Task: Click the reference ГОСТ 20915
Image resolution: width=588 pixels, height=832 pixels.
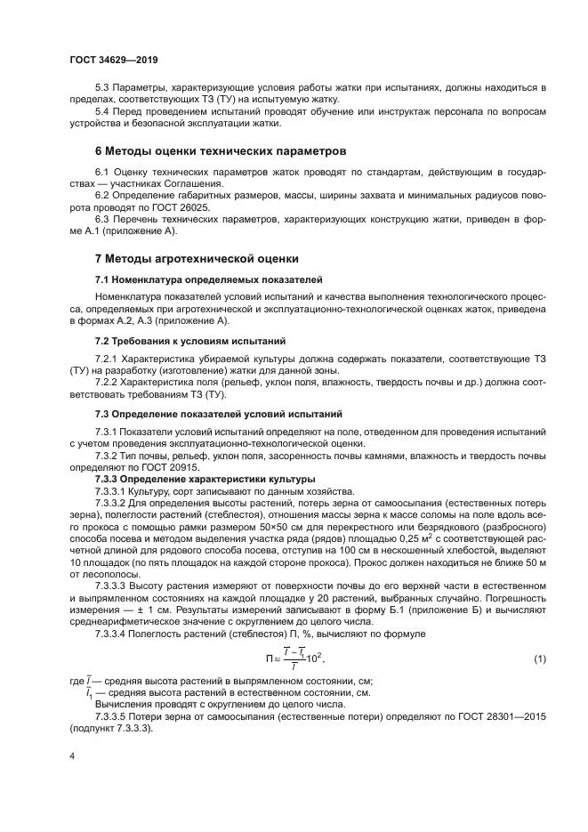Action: [162, 469]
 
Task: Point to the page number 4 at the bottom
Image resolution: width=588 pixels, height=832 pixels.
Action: [70, 755]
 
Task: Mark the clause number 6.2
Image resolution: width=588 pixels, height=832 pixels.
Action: [103, 194]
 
